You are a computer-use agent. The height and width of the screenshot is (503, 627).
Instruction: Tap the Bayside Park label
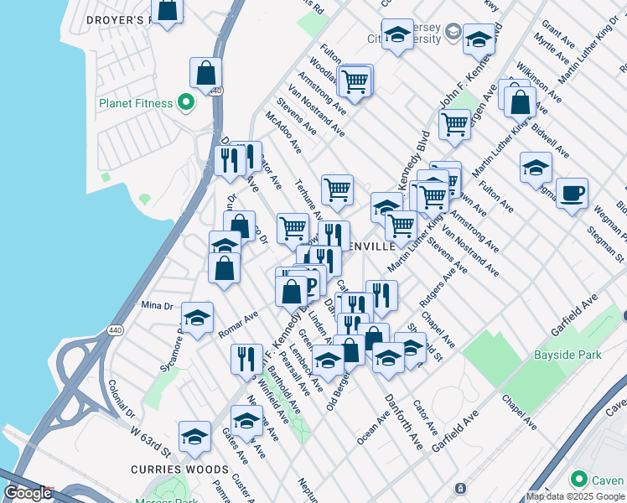click(x=567, y=355)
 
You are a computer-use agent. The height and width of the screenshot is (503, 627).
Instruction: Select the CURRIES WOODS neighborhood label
click(x=179, y=469)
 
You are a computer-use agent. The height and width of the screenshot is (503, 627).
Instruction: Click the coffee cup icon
click(x=573, y=194)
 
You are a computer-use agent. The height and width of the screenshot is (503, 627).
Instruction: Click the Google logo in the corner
click(x=28, y=493)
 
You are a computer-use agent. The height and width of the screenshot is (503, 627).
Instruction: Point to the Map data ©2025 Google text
click(x=576, y=496)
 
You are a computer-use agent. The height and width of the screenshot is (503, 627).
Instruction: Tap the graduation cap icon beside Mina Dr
click(x=197, y=318)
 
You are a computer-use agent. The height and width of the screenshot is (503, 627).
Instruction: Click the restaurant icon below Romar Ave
click(x=246, y=359)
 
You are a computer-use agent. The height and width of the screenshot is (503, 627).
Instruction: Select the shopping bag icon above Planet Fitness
click(x=205, y=74)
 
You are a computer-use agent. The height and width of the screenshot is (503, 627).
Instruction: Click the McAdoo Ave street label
click(x=282, y=132)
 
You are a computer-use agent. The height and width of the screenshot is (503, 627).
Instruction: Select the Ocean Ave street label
click(x=372, y=428)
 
